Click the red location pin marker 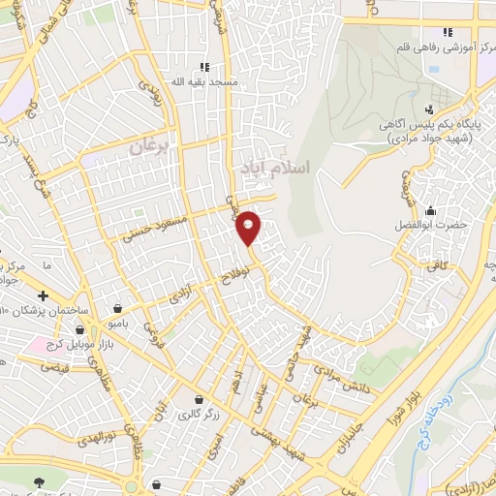point(249,227)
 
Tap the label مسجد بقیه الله point(204,83)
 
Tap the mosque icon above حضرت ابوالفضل point(429,210)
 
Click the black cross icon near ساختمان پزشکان point(42,295)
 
